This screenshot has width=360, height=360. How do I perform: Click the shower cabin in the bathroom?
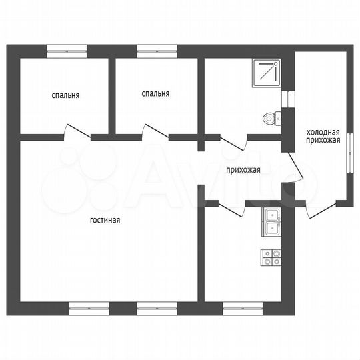tap(267, 73)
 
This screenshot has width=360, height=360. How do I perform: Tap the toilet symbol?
tap(272, 119)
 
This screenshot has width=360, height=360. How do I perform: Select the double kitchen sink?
tap(271, 222)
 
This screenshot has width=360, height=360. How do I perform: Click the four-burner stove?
tap(271, 257)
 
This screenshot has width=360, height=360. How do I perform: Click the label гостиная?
tap(105, 220)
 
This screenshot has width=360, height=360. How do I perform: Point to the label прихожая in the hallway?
tap(243, 170)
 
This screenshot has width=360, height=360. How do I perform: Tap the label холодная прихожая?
tap(323, 136)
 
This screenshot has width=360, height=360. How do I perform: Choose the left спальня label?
tap(65, 95)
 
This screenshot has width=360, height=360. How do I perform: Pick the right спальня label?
tap(155, 94)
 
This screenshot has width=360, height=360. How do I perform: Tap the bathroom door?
tap(234, 143)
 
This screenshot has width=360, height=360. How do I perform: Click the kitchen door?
tap(231, 209)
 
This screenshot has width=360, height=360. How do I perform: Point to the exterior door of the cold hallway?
tap(321, 209)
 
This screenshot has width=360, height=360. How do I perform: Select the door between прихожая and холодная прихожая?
tap(296, 167)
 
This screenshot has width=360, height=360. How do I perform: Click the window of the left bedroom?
tap(67, 51)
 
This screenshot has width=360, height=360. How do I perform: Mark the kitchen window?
tap(243, 309)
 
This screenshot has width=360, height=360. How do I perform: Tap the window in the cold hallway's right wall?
tap(350, 153)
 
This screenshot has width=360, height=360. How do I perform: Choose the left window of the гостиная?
tap(89, 309)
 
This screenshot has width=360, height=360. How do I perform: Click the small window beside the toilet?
tap(288, 99)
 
